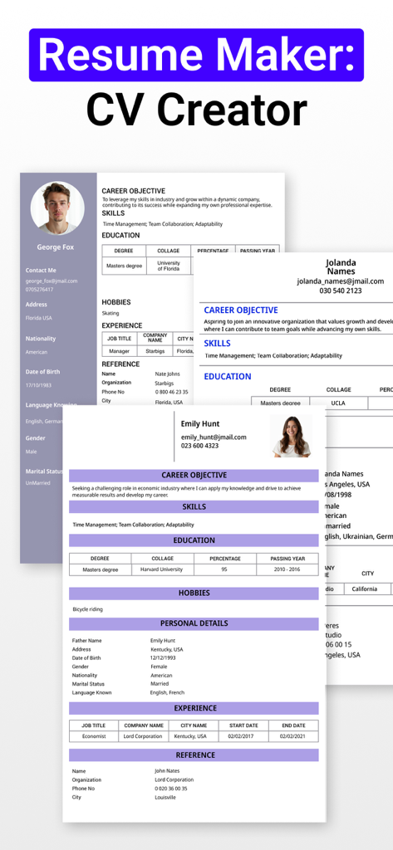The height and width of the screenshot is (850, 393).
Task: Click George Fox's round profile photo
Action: (x=57, y=208)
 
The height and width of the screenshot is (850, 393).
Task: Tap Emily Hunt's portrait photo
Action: (x=292, y=435)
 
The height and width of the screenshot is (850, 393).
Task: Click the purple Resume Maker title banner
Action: (x=196, y=55)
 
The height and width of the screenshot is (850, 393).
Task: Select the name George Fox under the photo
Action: (x=56, y=247)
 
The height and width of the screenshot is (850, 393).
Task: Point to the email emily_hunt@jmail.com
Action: (x=214, y=437)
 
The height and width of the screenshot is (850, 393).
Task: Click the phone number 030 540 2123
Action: (x=341, y=291)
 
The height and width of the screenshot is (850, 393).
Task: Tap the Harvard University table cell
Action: (x=162, y=569)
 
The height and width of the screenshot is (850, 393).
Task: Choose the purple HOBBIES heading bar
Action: (x=194, y=594)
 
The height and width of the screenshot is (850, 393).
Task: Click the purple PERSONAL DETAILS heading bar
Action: (x=194, y=623)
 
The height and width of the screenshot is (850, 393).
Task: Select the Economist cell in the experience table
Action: (x=94, y=736)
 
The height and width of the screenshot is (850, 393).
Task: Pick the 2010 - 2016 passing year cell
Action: (x=287, y=569)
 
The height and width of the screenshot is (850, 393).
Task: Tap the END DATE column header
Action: (x=293, y=725)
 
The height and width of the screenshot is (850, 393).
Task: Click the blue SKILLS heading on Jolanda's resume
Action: (x=218, y=343)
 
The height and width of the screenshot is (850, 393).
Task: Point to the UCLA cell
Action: (x=338, y=403)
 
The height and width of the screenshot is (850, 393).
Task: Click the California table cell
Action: (x=364, y=589)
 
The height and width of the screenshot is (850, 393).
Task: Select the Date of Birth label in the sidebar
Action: (x=42, y=372)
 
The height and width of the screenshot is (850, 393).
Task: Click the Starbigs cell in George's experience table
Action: (x=155, y=351)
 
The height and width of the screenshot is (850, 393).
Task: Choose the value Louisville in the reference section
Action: (x=165, y=797)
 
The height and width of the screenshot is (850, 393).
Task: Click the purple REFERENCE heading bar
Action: (x=194, y=755)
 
